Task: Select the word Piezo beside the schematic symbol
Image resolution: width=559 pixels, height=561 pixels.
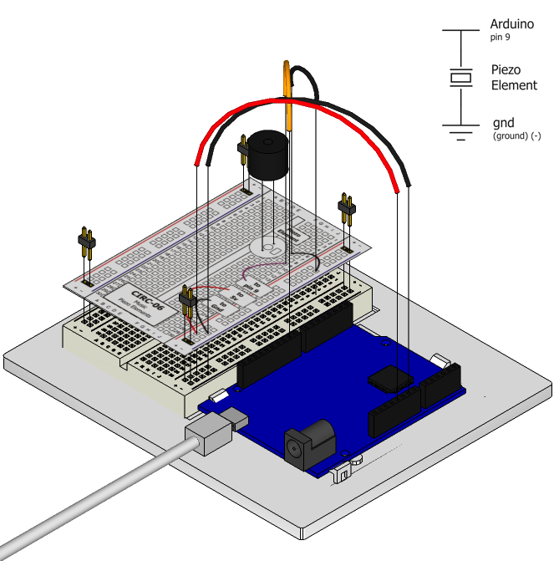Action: coord(506,71)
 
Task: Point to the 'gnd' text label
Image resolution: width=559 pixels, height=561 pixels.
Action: coord(503,123)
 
